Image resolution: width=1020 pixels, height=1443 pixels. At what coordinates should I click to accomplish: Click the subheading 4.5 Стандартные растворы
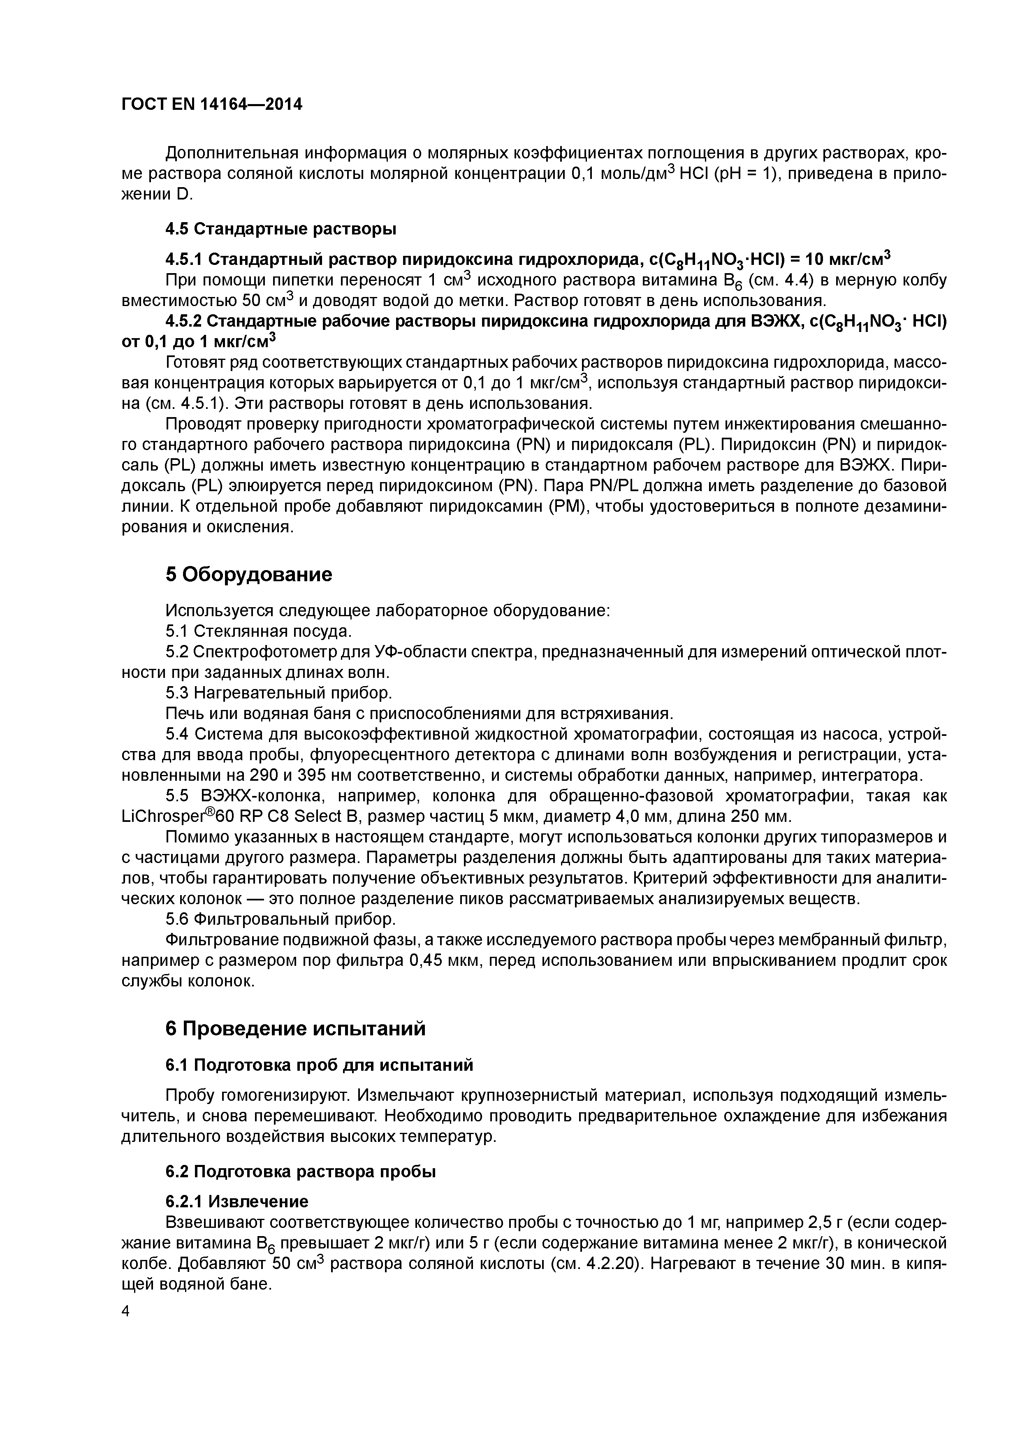(x=281, y=229)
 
